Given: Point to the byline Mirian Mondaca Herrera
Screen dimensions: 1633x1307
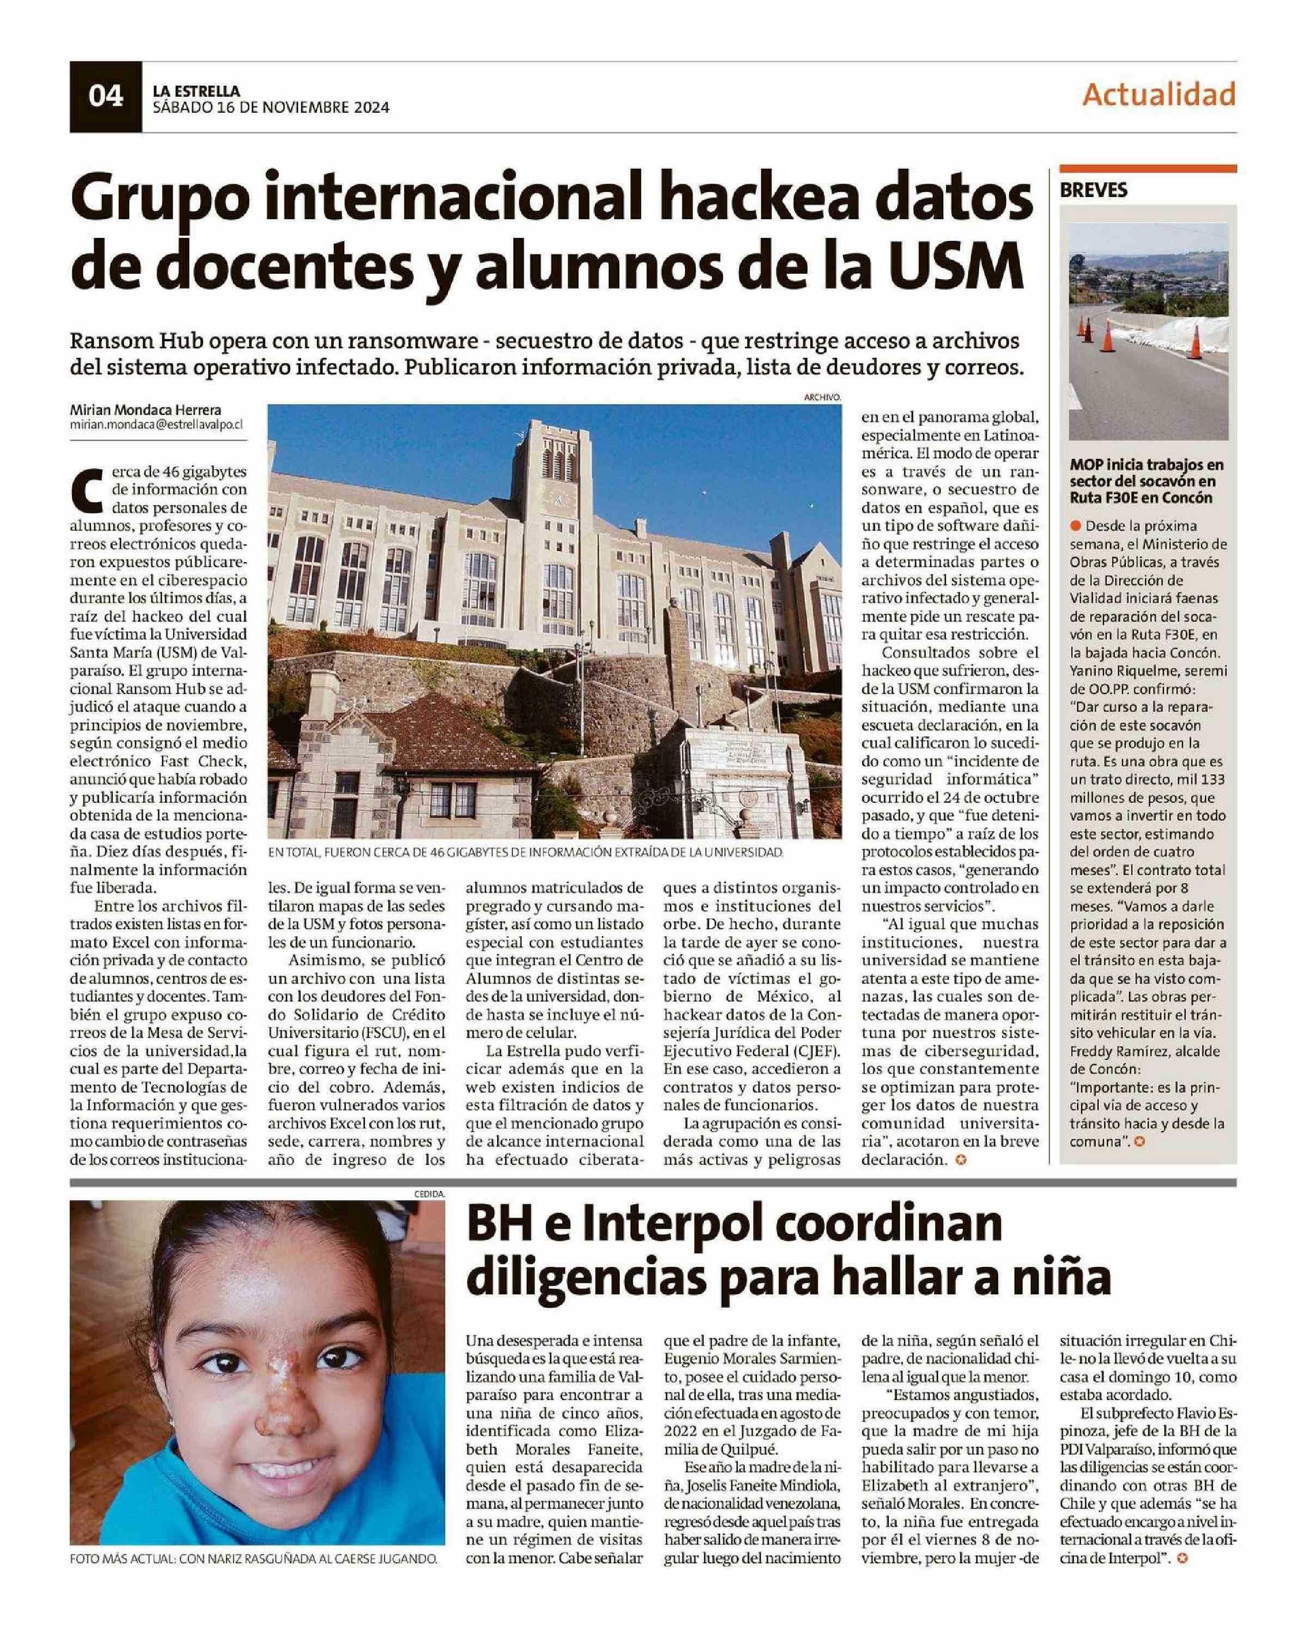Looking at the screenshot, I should pyautogui.click(x=145, y=410).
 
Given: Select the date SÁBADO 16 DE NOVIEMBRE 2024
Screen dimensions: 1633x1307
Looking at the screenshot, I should pyautogui.click(x=271, y=108).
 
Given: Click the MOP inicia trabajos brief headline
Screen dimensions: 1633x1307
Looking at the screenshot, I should pyautogui.click(x=1146, y=481).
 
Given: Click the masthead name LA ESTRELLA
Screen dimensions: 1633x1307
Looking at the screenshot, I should pyautogui.click(x=196, y=91).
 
